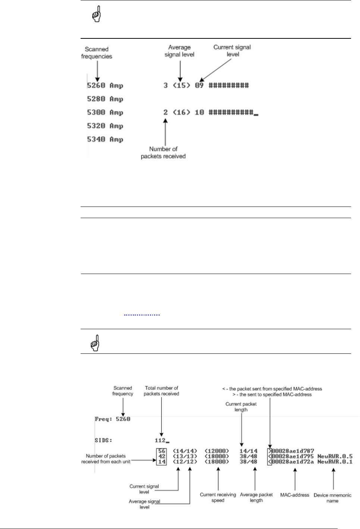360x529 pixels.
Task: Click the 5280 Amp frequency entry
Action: click(x=105, y=99)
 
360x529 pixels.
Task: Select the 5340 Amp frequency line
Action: click(x=105, y=139)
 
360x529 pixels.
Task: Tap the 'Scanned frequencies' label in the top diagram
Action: click(x=97, y=53)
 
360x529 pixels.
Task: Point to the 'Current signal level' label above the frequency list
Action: click(x=232, y=51)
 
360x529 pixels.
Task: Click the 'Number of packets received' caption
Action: click(x=163, y=152)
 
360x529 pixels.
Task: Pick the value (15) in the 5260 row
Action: click(x=181, y=86)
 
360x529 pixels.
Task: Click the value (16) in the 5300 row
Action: click(x=181, y=113)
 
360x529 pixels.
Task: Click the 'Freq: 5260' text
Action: click(x=112, y=419)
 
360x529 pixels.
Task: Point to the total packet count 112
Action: click(x=160, y=440)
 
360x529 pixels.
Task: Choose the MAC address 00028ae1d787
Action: click(x=293, y=451)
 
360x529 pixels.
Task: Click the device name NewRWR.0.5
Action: click(x=335, y=456)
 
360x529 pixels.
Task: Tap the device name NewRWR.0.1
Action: click(x=335, y=462)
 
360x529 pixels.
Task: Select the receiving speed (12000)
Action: click(x=217, y=451)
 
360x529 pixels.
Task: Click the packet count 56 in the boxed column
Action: click(x=162, y=451)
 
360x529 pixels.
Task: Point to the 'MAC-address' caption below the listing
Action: click(x=295, y=495)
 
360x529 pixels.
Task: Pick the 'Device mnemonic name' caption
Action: click(x=332, y=498)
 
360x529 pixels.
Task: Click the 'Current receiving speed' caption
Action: click(x=218, y=497)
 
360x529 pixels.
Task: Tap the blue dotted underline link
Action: click(x=142, y=315)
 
